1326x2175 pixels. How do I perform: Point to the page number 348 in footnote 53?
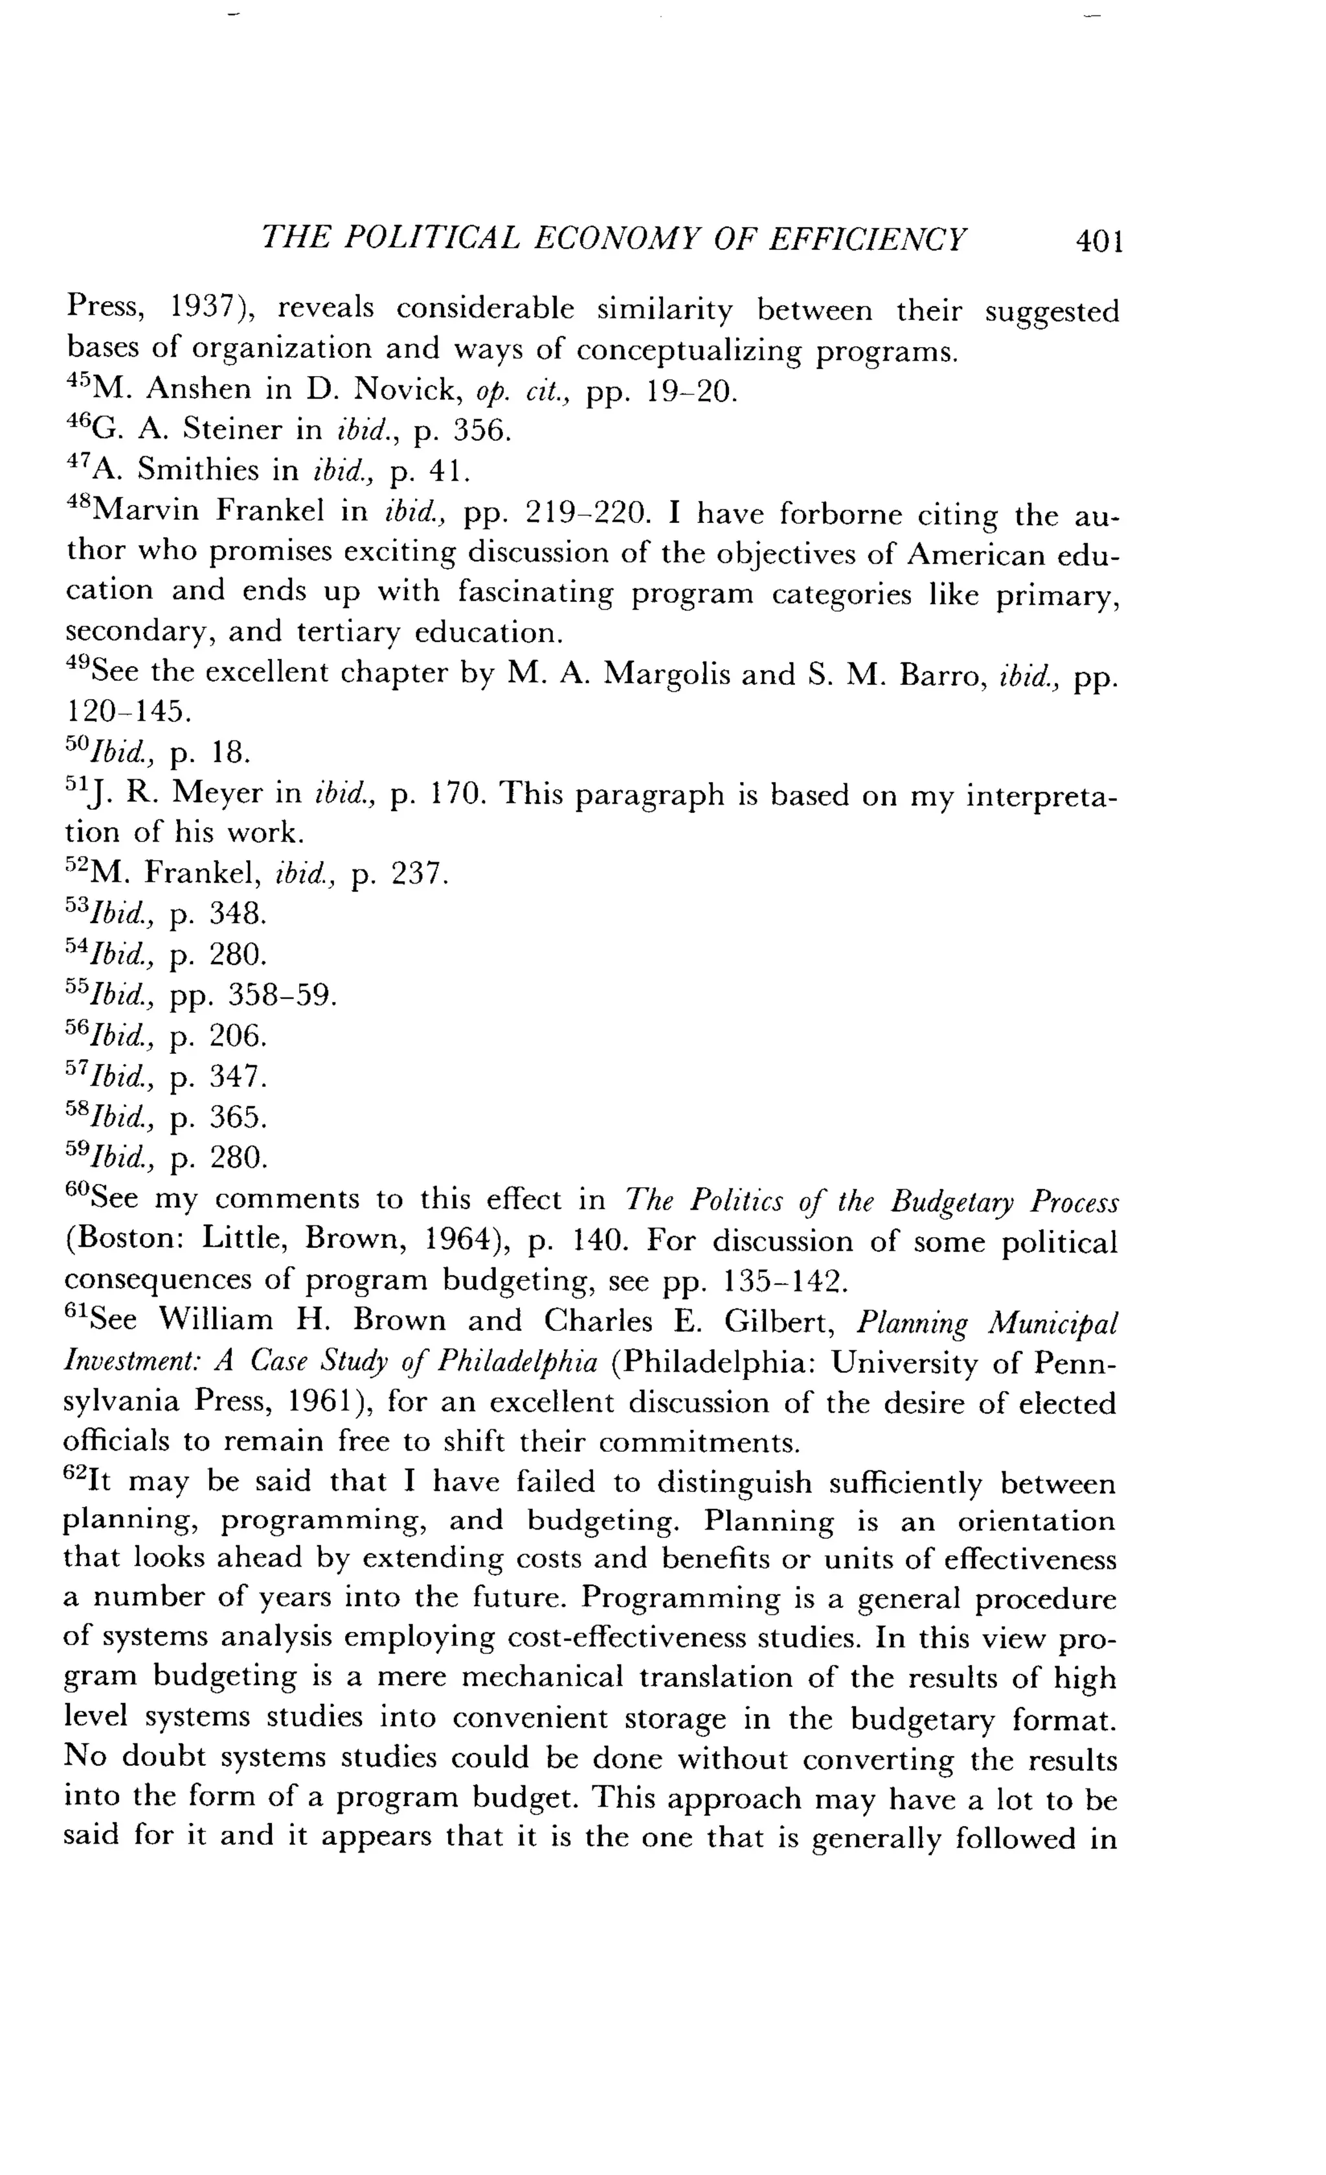[x=236, y=915]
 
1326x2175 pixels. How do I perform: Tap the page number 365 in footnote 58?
[x=236, y=1117]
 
